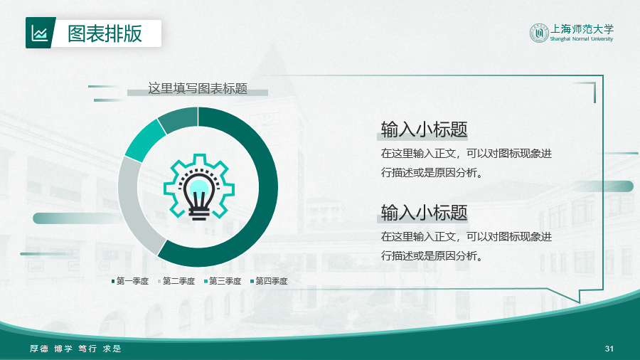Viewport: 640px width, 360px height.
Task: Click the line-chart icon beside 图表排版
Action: pyautogui.click(x=40, y=33)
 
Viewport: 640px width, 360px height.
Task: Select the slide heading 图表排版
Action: pyautogui.click(x=105, y=33)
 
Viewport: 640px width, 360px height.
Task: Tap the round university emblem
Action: pyautogui.click(x=539, y=33)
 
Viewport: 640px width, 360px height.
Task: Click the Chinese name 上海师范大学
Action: pyautogui.click(x=582, y=29)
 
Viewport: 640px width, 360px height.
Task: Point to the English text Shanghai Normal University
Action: pyautogui.click(x=582, y=39)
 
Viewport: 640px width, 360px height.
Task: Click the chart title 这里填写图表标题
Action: pyautogui.click(x=198, y=88)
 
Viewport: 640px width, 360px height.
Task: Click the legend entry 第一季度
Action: pyautogui.click(x=130, y=281)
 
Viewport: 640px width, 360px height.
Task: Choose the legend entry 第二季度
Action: pyautogui.click(x=176, y=281)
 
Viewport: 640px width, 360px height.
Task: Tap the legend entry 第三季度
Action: pyautogui.click(x=223, y=281)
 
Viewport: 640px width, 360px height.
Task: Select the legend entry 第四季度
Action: pyautogui.click(x=269, y=281)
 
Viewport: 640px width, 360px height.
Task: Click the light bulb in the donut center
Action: pyautogui.click(x=199, y=194)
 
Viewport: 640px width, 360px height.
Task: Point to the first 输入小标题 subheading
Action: pyautogui.click(x=424, y=129)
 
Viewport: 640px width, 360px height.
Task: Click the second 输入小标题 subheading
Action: pyautogui.click(x=424, y=213)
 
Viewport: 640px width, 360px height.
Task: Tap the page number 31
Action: pyautogui.click(x=609, y=349)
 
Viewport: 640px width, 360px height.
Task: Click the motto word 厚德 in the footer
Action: pyautogui.click(x=39, y=349)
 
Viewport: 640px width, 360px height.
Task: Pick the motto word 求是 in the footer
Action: pyautogui.click(x=112, y=349)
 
